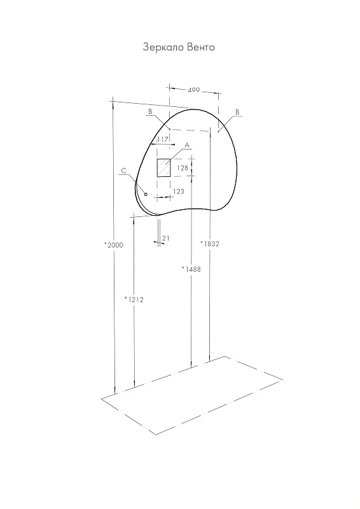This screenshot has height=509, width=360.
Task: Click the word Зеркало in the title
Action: (164, 48)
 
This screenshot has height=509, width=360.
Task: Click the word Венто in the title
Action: (201, 47)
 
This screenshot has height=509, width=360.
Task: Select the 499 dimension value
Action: (194, 90)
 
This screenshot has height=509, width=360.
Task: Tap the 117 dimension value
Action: (163, 139)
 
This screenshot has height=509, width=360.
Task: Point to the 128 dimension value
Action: (183, 168)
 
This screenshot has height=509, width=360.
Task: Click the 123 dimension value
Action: (179, 192)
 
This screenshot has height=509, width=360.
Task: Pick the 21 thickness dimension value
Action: (166, 238)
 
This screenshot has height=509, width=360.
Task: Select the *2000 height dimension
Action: (114, 245)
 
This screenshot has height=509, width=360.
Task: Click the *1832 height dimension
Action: (210, 244)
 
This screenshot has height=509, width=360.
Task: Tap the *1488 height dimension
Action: (191, 268)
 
